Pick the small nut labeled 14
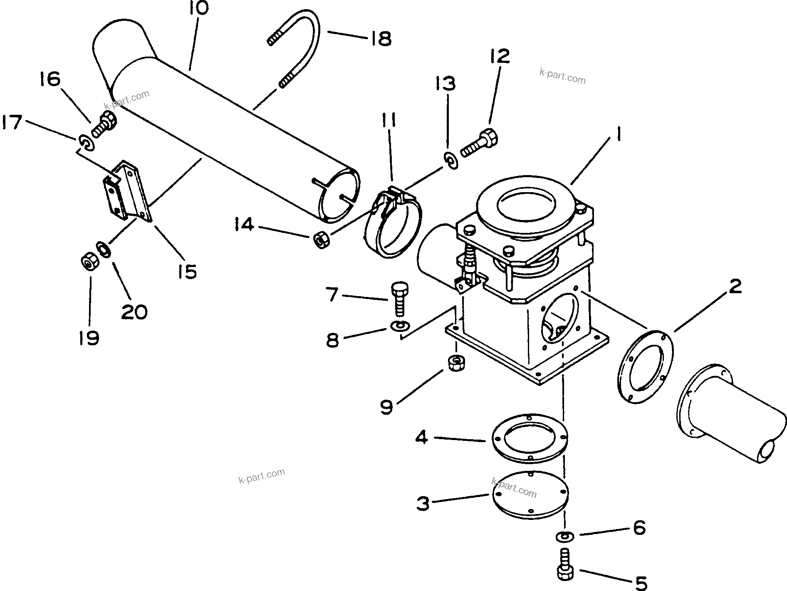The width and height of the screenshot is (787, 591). (x=321, y=240)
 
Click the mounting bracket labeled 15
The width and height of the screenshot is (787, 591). (x=127, y=192)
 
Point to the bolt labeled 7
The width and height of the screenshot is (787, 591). (x=399, y=298)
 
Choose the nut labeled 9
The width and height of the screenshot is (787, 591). (x=456, y=363)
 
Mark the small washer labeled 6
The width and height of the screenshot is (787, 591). (x=563, y=536)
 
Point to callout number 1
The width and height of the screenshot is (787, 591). (x=619, y=136)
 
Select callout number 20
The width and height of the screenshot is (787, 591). (x=134, y=311)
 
